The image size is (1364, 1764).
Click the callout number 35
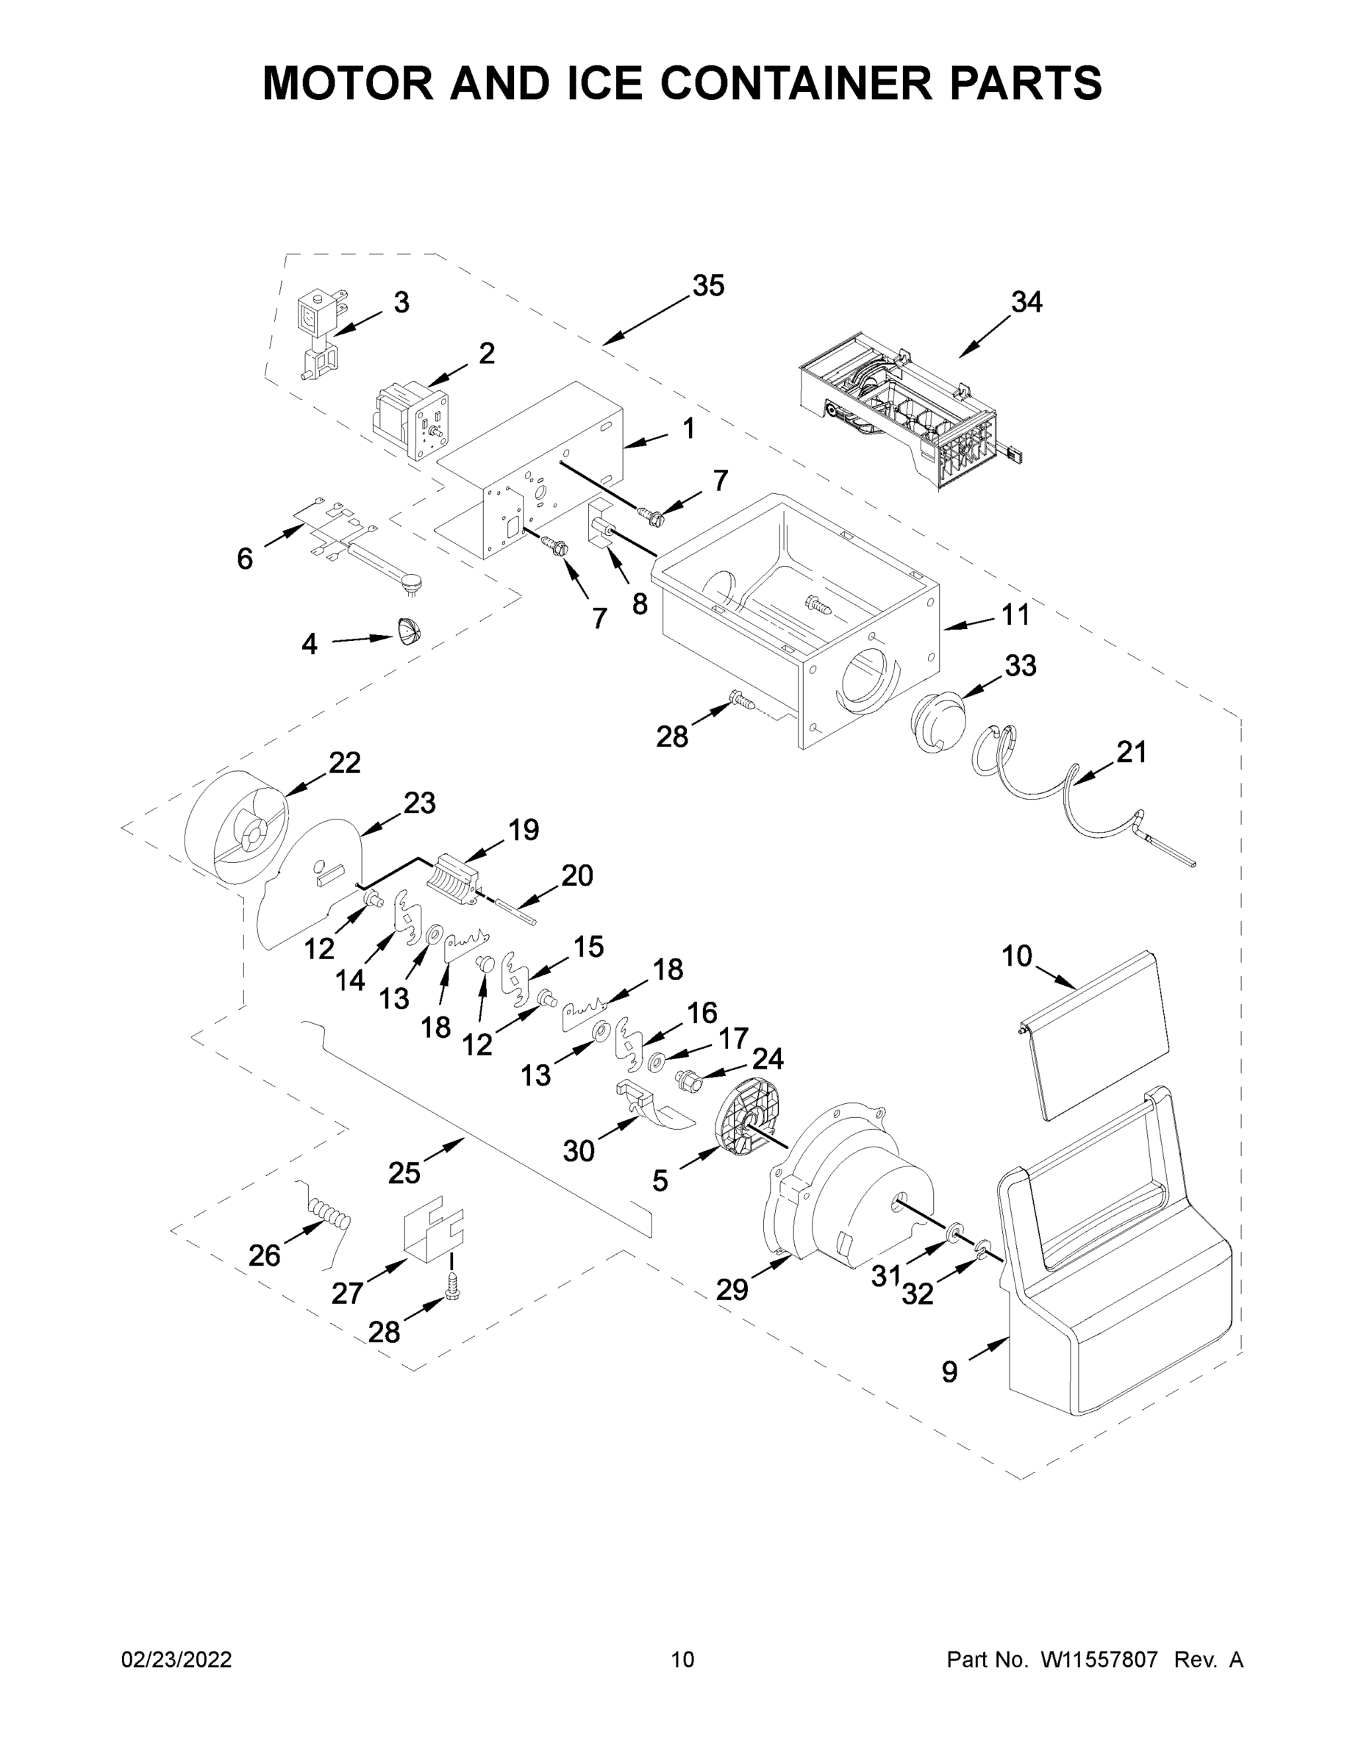coord(708,286)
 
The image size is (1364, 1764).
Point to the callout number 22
coord(344,762)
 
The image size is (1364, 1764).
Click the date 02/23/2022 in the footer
coord(176,1659)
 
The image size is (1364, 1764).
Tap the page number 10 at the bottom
coord(683,1659)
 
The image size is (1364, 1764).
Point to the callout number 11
coord(1015,615)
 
